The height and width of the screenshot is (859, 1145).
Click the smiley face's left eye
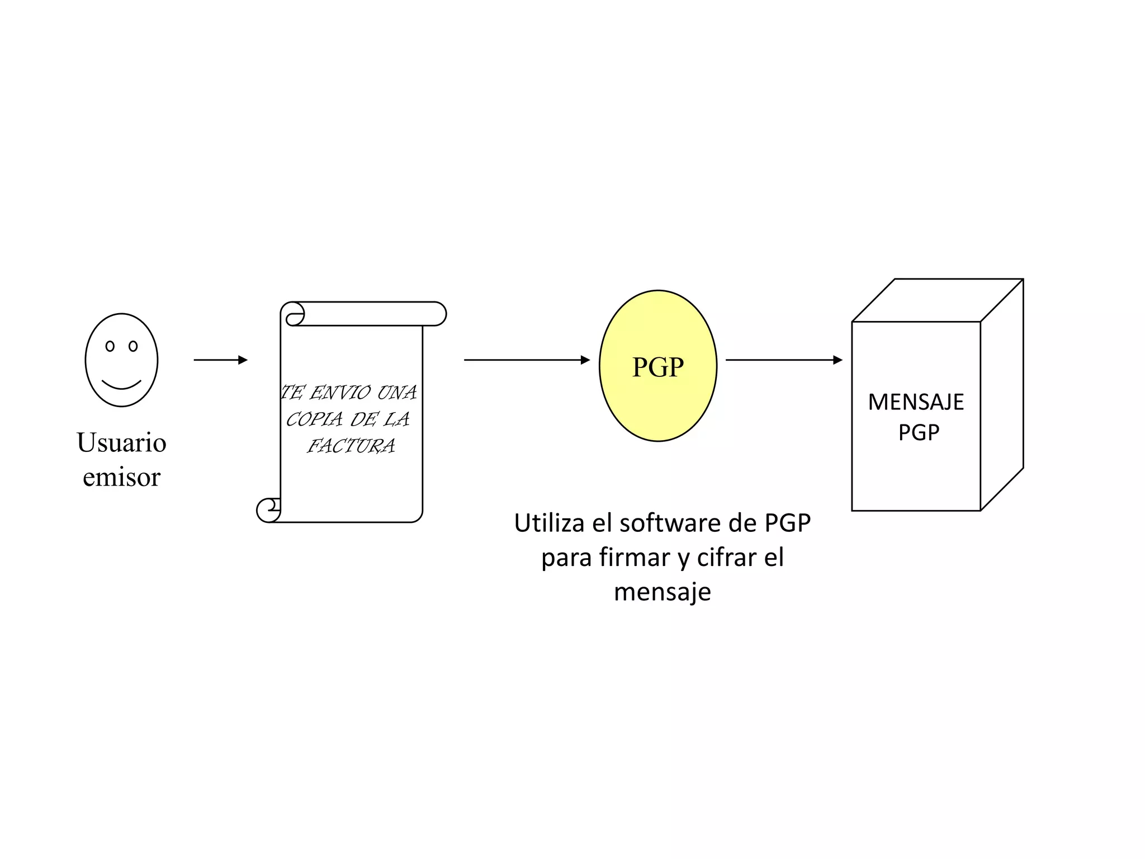[x=110, y=346]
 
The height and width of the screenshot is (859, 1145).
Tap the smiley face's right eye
[x=133, y=346]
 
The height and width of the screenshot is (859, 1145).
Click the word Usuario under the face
[x=121, y=442]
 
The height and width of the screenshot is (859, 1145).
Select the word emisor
[x=121, y=477]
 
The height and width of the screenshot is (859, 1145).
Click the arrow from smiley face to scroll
[x=220, y=360]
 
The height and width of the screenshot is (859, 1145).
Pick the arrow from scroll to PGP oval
[x=527, y=360]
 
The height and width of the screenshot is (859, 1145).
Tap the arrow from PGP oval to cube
[x=783, y=360]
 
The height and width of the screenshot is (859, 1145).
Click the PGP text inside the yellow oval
[x=657, y=367]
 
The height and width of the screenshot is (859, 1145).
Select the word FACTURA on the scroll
[x=351, y=446]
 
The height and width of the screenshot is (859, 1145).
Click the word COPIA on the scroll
[x=314, y=419]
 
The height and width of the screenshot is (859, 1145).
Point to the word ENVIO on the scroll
[x=340, y=393]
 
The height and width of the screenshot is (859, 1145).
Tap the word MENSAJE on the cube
[x=916, y=402]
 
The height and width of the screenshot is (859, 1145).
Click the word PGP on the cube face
[x=919, y=432]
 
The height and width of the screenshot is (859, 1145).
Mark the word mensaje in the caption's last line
[x=663, y=592]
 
